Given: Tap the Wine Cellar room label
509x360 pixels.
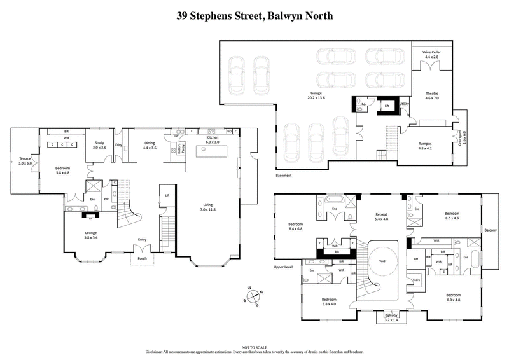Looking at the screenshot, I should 432,54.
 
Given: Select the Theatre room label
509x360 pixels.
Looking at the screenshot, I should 432,96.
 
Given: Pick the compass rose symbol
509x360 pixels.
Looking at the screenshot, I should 253,296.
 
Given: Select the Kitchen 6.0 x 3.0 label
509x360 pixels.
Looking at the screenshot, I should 213,140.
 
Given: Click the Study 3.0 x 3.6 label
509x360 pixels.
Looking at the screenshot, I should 99,145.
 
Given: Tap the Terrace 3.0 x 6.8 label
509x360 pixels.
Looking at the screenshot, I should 25,160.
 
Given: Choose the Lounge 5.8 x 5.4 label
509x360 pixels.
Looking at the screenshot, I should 91,235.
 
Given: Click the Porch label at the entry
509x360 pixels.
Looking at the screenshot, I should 143,259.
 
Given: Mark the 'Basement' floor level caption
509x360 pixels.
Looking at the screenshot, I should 284,175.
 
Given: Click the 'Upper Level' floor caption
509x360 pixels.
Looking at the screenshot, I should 282,267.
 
